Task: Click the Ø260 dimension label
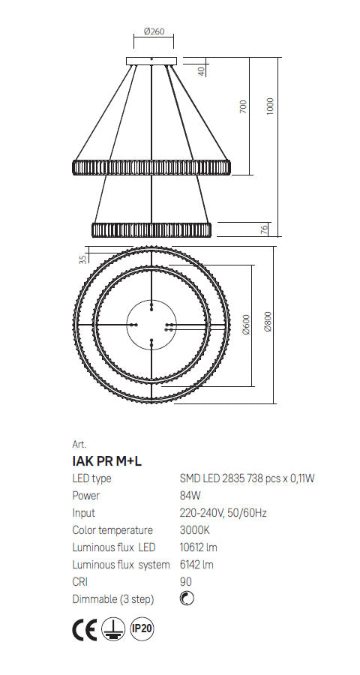(x=153, y=31)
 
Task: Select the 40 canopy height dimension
(x=200, y=71)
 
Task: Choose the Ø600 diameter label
(x=246, y=325)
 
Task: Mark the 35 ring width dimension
(x=82, y=259)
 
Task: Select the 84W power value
(x=190, y=496)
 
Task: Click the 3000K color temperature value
(x=194, y=530)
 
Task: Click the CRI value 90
(x=185, y=582)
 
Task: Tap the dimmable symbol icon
(x=187, y=599)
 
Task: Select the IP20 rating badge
(x=142, y=631)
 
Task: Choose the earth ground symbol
(x=113, y=631)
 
